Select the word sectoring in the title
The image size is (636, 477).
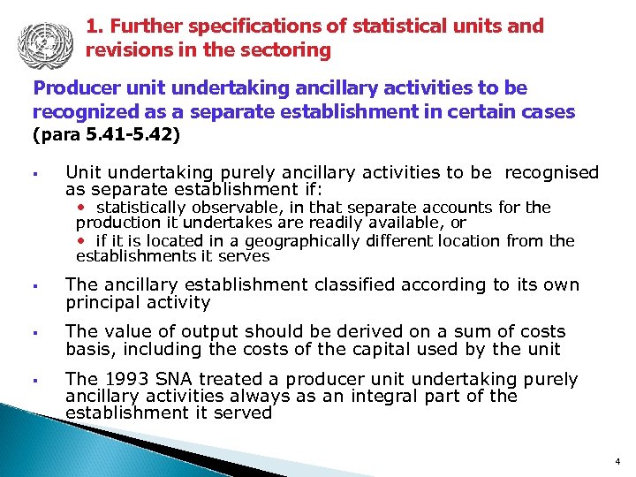291,50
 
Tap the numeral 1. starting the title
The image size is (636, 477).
95,26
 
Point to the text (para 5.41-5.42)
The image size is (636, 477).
106,135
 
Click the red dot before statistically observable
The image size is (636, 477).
82,208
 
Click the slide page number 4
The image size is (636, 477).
617,461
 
